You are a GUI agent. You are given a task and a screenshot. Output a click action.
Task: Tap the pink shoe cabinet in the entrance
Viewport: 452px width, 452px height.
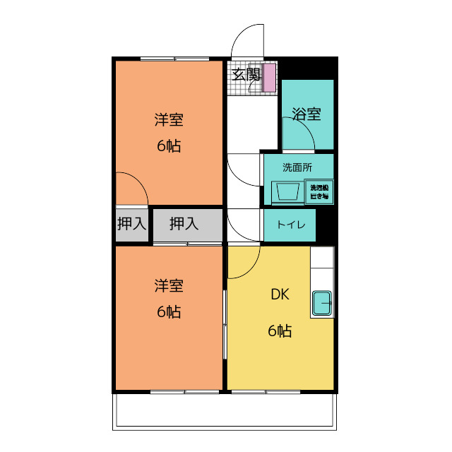tap(268, 78)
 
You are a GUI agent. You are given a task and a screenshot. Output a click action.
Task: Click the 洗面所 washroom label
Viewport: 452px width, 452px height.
tap(297, 167)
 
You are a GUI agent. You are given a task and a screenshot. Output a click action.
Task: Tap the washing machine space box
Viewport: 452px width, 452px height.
tap(319, 192)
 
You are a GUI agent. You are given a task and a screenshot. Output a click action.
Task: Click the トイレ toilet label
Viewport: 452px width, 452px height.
tap(291, 225)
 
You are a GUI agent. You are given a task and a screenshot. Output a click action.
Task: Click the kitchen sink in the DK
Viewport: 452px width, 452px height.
tap(322, 304)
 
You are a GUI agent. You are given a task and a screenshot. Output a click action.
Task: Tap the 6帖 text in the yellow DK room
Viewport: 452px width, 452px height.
tap(280, 331)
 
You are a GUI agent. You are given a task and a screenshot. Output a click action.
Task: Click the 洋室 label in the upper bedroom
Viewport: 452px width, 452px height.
tap(169, 120)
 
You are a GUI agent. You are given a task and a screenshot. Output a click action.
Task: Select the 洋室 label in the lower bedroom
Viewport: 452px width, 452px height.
tap(169, 286)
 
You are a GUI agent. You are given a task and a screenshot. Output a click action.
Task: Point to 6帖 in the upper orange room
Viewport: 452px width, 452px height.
tap(169, 147)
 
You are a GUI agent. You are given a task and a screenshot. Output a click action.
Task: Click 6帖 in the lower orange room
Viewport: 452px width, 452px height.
tap(169, 311)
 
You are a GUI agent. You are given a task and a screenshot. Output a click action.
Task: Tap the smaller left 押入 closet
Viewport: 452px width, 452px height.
tap(132, 225)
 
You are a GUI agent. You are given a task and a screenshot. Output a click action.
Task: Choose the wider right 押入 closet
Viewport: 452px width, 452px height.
tap(185, 225)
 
